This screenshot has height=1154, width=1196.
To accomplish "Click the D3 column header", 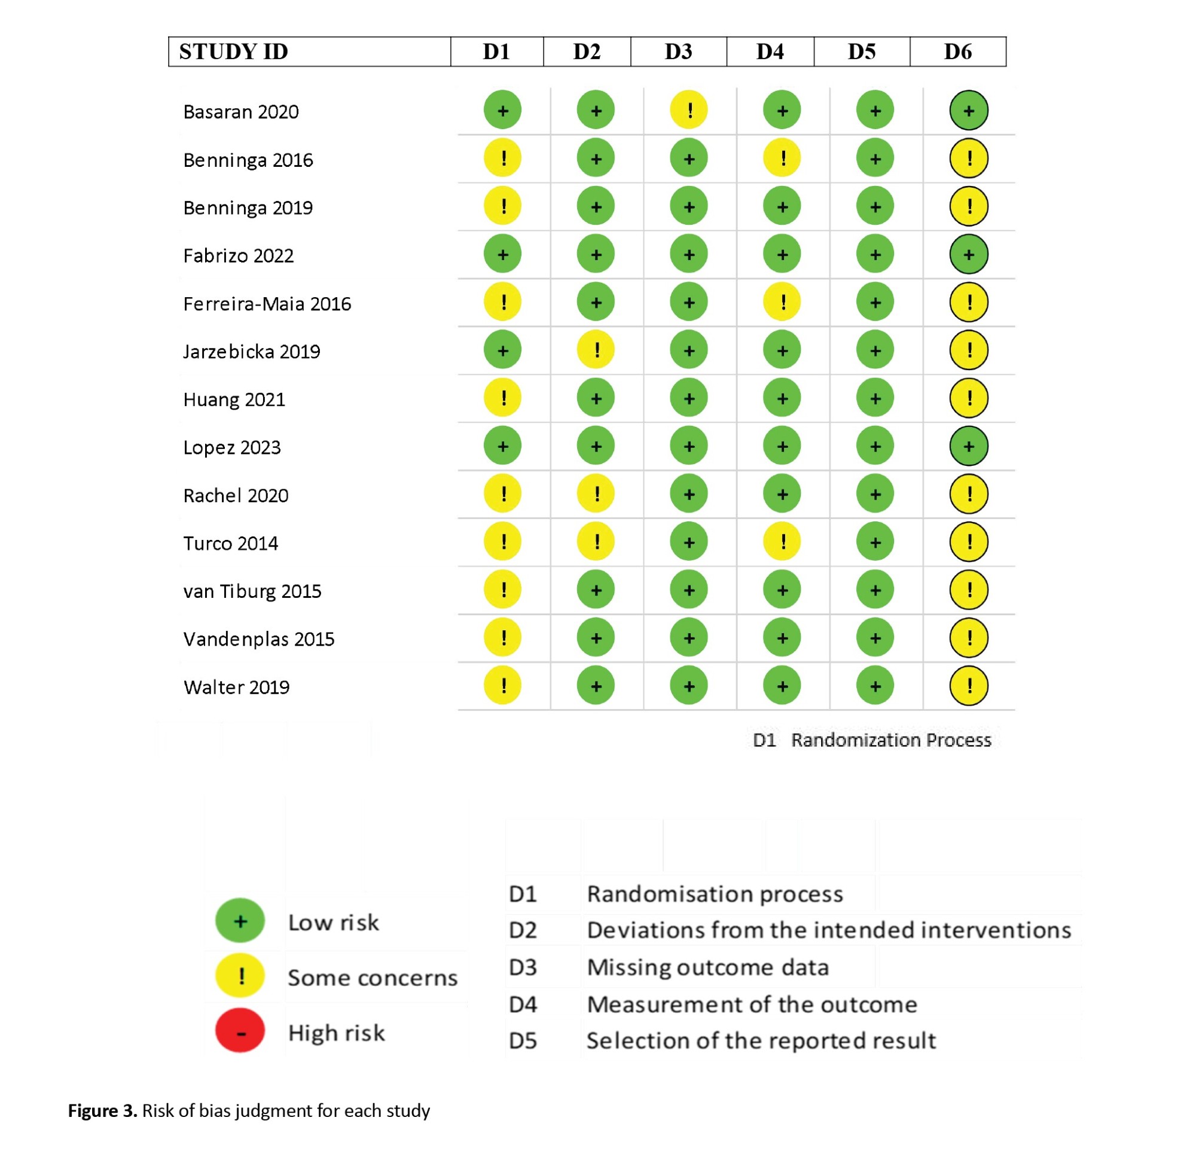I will tap(678, 52).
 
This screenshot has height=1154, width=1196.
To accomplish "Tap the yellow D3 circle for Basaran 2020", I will tap(689, 111).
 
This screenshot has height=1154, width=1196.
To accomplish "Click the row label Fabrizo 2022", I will tap(238, 256).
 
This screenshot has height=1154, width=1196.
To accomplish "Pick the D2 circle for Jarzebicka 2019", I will tap(596, 350).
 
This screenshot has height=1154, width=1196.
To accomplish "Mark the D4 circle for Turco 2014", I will tap(782, 542).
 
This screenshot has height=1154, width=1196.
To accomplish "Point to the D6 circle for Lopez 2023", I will tap(968, 446).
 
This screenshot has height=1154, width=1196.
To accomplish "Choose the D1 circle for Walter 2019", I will tap(502, 686).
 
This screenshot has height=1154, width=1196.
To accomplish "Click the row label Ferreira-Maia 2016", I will tap(267, 304).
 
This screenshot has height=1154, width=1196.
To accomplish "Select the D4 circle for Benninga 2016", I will tap(782, 158).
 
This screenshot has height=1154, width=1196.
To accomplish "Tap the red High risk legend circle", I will tap(240, 1033).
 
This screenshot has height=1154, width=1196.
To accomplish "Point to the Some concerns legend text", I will tap(372, 978).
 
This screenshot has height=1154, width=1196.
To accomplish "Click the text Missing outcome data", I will tap(707, 968).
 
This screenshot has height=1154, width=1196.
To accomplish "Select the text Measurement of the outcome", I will tap(751, 1005).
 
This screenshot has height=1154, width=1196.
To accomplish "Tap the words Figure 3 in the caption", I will tap(102, 1111).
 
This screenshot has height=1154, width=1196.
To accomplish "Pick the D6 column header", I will tap(957, 52).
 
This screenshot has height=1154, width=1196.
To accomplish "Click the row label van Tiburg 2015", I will tap(252, 591).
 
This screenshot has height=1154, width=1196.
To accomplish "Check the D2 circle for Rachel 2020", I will tap(596, 494).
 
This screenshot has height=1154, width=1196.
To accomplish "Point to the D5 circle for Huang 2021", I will tap(875, 398).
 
